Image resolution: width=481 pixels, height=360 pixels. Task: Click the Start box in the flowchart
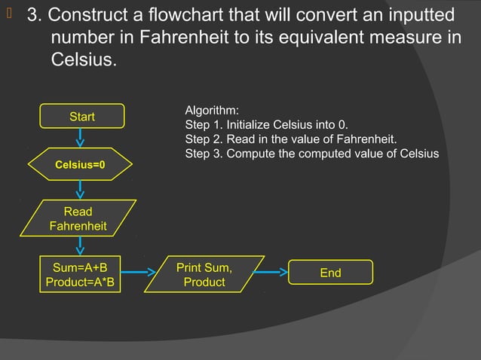[x=81, y=117]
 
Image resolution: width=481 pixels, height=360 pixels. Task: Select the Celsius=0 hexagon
[x=80, y=164]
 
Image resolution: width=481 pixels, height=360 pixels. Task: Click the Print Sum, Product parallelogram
[x=204, y=274]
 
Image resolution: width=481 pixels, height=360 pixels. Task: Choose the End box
[x=330, y=273]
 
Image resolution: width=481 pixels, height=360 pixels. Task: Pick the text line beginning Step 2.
[x=290, y=139]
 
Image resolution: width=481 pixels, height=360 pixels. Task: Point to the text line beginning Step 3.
[x=311, y=154]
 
